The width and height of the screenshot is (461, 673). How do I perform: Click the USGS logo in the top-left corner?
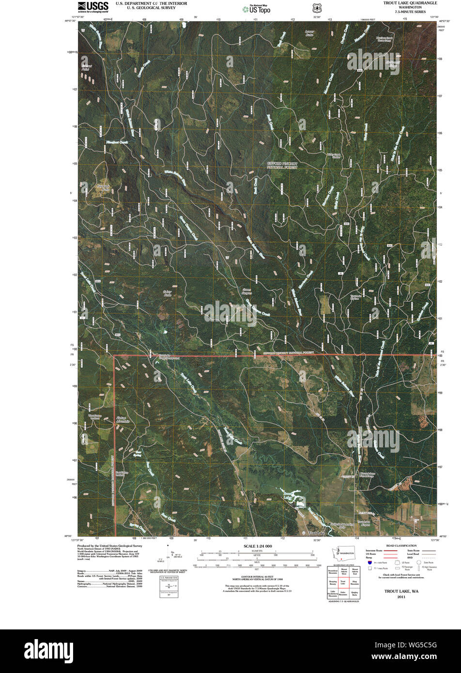(93, 6)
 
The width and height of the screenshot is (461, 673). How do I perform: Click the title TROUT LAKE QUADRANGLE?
(411, 3)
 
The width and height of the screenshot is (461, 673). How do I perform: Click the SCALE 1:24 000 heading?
(255, 546)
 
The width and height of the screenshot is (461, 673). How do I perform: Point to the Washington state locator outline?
(343, 553)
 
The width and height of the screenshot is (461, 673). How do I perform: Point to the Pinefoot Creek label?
(117, 142)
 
